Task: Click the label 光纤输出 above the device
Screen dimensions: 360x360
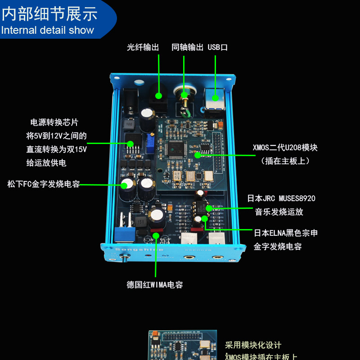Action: click(x=143, y=47)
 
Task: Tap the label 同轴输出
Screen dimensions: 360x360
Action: click(x=188, y=47)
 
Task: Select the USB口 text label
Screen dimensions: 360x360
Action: click(x=218, y=47)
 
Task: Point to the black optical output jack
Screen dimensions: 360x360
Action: click(x=158, y=96)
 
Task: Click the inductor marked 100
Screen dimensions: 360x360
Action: click(x=129, y=122)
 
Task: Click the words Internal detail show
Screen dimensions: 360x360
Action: click(x=47, y=31)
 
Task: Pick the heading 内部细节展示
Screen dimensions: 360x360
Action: click(x=49, y=14)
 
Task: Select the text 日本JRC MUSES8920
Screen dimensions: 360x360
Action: click(x=281, y=198)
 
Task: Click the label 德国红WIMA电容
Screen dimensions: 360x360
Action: click(x=155, y=284)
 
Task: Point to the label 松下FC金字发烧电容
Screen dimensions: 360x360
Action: click(x=44, y=184)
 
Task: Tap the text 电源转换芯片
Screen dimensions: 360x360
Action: click(x=54, y=122)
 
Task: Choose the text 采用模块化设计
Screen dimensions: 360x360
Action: click(x=253, y=345)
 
